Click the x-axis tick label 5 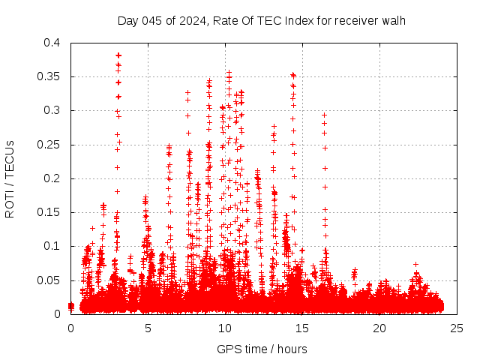pos(148,328)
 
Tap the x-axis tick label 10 pos(225,328)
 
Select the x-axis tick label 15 pos(302,328)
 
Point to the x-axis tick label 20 pos(379,328)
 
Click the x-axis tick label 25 pos(457,328)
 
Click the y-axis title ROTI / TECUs pos(10,178)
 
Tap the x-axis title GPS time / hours pos(262,349)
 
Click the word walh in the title pos(393,20)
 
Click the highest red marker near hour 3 pos(118,55)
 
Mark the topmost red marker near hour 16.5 pos(324,115)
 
